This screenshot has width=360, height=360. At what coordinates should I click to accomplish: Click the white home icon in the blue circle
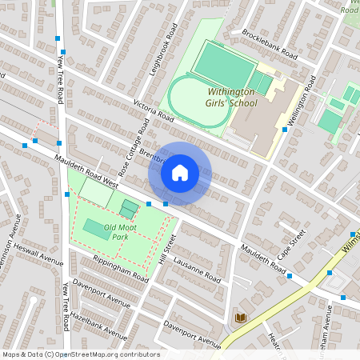(180, 173)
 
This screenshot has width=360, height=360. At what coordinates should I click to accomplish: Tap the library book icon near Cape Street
(239, 318)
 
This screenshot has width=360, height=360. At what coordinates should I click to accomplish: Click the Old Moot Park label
(110, 232)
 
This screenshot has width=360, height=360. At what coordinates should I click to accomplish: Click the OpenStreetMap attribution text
(80, 354)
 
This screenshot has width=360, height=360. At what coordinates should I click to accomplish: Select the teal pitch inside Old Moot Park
(94, 228)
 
